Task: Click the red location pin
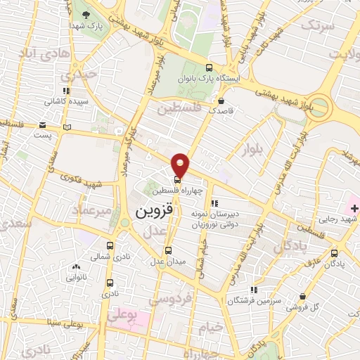(x=181, y=163)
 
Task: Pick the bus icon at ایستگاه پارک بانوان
(x=209, y=68)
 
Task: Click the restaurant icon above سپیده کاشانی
(x=66, y=91)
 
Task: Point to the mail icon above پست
(x=67, y=127)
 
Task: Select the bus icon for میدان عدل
(x=168, y=250)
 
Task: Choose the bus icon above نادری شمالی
(x=110, y=245)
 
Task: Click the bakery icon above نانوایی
(x=76, y=267)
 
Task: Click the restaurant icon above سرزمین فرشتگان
(x=254, y=289)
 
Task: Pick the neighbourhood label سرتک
(x=314, y=25)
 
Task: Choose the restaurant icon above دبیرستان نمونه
(x=214, y=204)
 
